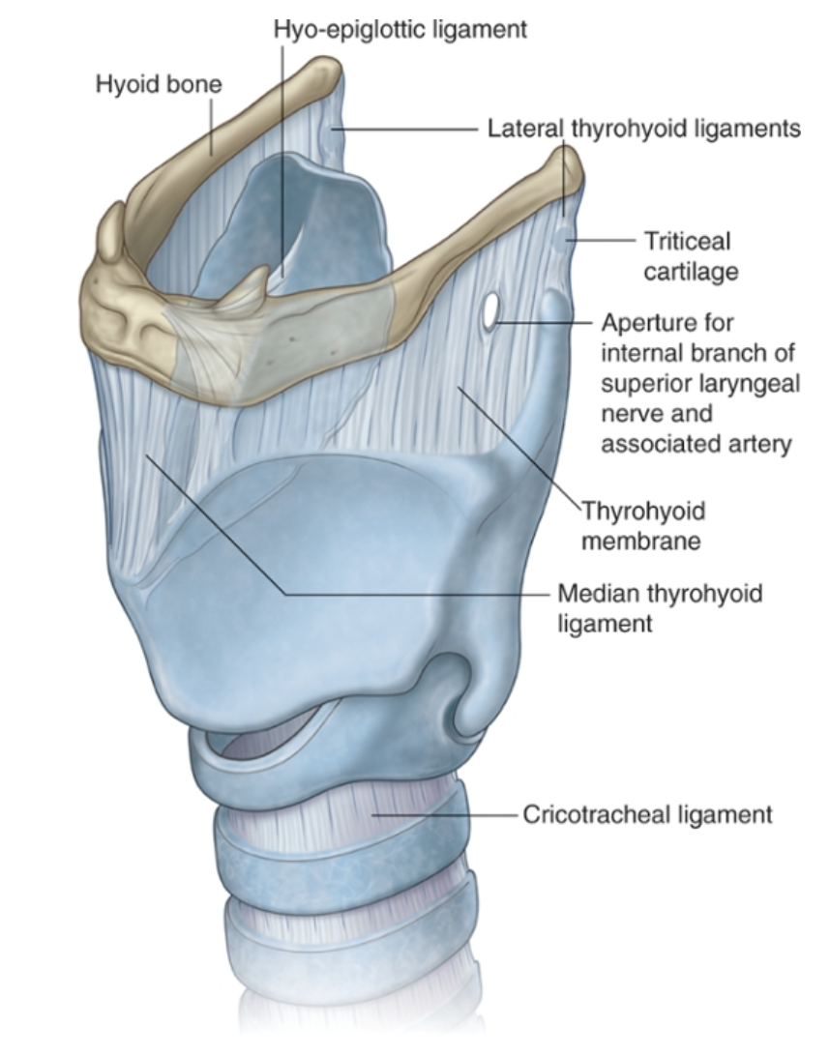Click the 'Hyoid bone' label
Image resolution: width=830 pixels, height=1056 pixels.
point(159,84)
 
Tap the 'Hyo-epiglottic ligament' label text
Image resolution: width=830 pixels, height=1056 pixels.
point(400,29)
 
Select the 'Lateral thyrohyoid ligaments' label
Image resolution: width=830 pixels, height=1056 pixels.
point(643,128)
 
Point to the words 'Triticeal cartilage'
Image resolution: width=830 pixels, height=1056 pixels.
point(690,255)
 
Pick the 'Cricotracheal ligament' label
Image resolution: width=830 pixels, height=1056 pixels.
point(647,814)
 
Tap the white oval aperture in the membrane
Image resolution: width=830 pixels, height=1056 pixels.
point(491,310)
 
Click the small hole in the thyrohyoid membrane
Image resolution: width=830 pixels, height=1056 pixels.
point(491,310)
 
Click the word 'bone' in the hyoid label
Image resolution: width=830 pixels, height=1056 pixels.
point(197,84)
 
